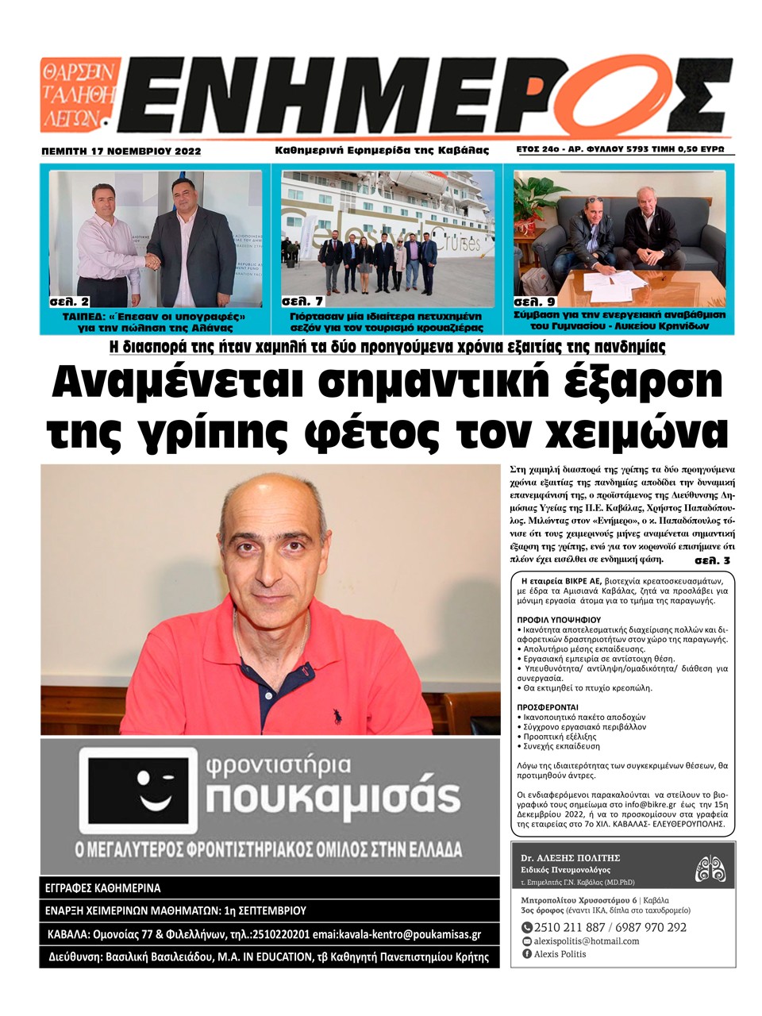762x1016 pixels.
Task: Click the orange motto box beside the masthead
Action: pos(79,94)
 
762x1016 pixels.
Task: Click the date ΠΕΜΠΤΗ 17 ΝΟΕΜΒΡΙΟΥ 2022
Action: pos(121,151)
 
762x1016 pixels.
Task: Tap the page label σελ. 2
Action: pos(68,302)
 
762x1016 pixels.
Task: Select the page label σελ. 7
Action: pos(302,302)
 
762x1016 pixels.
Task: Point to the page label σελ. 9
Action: pos(533,302)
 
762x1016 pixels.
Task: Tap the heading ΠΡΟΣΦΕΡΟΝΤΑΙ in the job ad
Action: pos(548,706)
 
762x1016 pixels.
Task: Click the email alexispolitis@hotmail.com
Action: pos(587,941)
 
